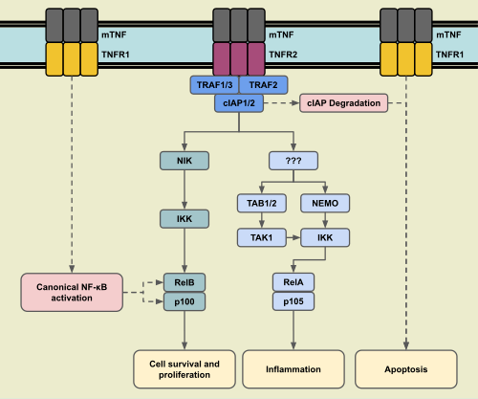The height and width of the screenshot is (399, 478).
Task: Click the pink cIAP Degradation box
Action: coord(343,102)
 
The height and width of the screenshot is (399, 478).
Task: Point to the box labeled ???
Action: coord(292,162)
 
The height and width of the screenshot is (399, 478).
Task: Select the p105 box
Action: coord(292,300)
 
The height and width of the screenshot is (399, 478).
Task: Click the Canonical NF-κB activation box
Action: coord(72,291)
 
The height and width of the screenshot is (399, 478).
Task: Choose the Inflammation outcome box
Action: coord(292,368)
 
